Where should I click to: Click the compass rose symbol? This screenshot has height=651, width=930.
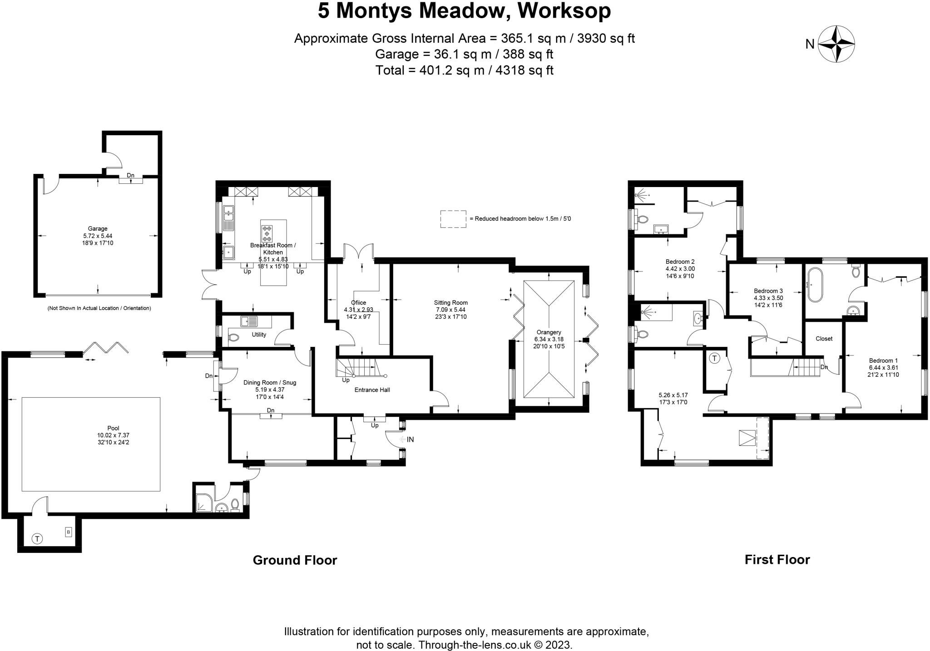click(836, 44)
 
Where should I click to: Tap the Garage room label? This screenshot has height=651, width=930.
click(98, 229)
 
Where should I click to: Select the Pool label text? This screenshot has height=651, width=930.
click(113, 428)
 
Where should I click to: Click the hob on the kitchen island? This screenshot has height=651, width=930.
click(267, 233)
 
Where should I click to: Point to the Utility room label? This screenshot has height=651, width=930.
click(259, 335)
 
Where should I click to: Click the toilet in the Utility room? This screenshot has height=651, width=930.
click(233, 338)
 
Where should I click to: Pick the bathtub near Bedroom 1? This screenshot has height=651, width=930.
click(815, 285)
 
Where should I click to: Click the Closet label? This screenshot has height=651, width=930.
click(824, 339)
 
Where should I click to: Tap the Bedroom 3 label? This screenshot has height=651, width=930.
click(768, 291)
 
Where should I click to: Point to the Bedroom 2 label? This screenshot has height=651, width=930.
click(680, 261)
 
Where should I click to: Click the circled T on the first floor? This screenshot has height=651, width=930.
click(714, 359)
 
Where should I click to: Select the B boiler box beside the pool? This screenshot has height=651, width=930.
click(69, 532)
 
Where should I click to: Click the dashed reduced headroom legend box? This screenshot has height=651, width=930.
click(453, 219)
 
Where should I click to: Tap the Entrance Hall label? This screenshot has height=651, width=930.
click(372, 390)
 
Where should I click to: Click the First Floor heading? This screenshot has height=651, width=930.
click(777, 560)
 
